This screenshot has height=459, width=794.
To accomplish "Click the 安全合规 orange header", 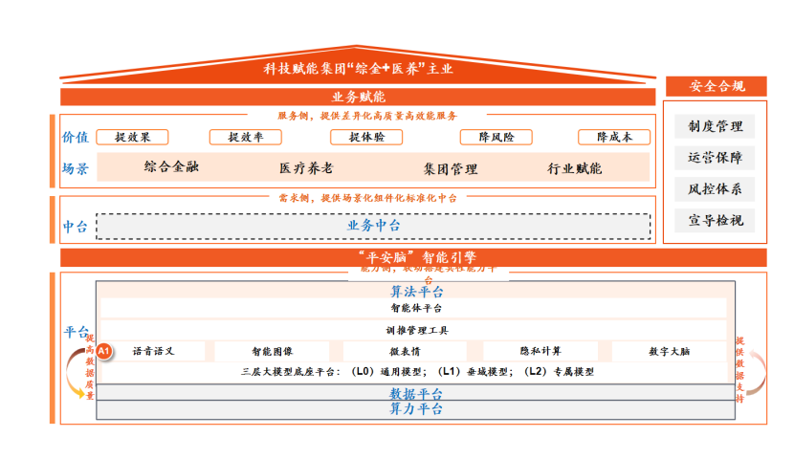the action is (716, 86).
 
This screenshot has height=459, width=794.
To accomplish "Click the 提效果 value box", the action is (140, 137).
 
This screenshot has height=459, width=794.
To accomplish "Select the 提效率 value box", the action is (246, 137).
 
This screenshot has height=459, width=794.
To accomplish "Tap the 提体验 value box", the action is (367, 137).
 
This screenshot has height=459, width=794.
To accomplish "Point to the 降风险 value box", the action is (496, 137).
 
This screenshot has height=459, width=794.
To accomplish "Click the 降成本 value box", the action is (614, 137).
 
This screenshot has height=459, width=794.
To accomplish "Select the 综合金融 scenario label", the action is (172, 167).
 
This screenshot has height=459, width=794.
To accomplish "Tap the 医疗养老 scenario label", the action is (306, 168).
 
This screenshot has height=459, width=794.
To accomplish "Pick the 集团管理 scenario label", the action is (451, 168).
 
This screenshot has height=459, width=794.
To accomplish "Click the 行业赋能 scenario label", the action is (575, 168).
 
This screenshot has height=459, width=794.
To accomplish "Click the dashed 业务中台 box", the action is (373, 226).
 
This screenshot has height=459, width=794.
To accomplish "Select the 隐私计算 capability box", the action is (540, 351).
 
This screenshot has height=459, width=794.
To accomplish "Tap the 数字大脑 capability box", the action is (669, 351).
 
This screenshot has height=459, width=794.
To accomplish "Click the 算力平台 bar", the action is (415, 409).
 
